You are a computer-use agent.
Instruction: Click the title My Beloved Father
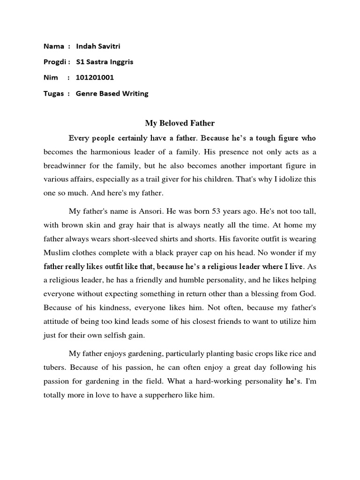180,123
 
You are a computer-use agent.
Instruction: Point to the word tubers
56,367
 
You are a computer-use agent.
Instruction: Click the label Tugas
53,93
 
